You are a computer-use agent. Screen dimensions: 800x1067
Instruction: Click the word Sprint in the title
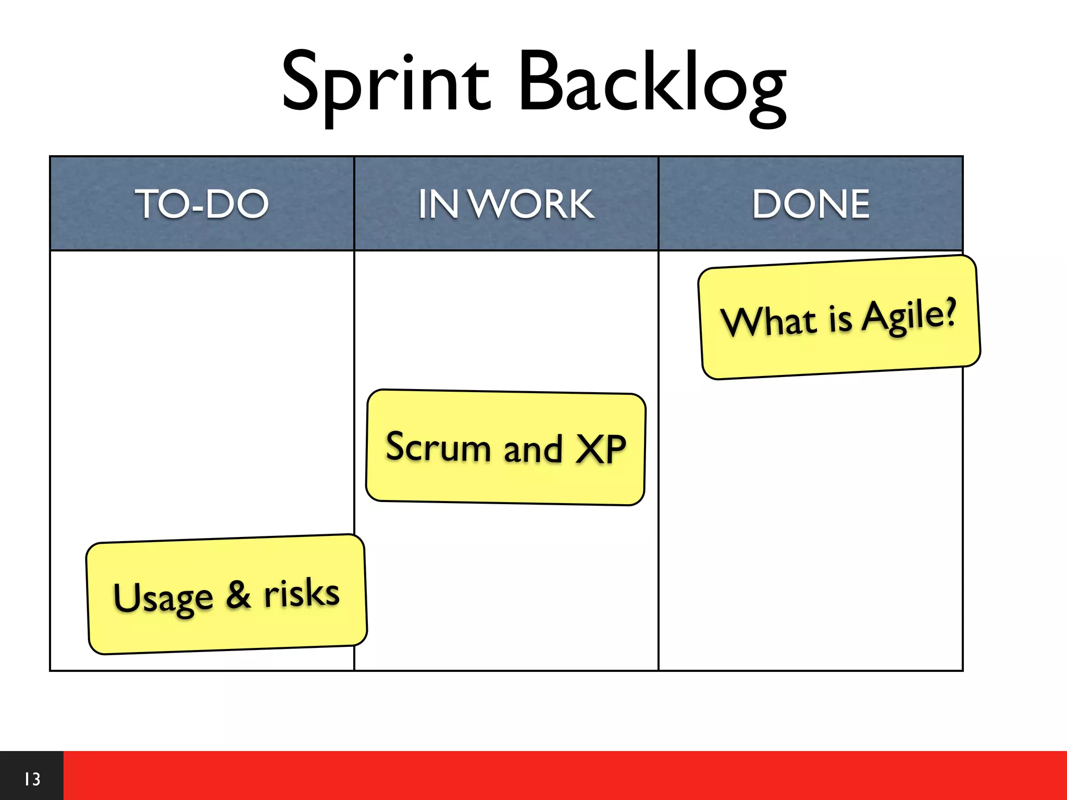coord(386,83)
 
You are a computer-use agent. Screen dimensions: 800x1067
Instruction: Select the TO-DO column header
coord(202,204)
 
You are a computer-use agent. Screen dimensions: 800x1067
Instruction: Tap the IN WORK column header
coord(506,204)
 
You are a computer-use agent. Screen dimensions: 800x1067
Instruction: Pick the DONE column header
coord(811,204)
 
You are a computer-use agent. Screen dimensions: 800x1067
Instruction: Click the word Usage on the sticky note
coord(163,598)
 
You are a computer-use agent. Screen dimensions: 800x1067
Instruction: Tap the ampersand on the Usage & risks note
coord(238,595)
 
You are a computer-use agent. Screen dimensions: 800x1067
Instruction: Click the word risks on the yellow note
coord(302,593)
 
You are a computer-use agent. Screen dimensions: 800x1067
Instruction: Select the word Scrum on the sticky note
coord(438,447)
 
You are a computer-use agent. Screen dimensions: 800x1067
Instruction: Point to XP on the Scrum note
coord(601,449)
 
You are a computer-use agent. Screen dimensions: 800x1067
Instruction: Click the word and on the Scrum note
coord(533,449)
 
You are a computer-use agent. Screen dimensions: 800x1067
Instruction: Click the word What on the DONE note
coord(769,321)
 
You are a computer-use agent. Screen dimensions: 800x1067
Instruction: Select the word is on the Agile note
coord(840,318)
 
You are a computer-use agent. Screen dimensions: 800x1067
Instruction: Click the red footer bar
coord(563,775)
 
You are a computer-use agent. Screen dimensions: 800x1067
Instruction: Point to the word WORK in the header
coord(532,204)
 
